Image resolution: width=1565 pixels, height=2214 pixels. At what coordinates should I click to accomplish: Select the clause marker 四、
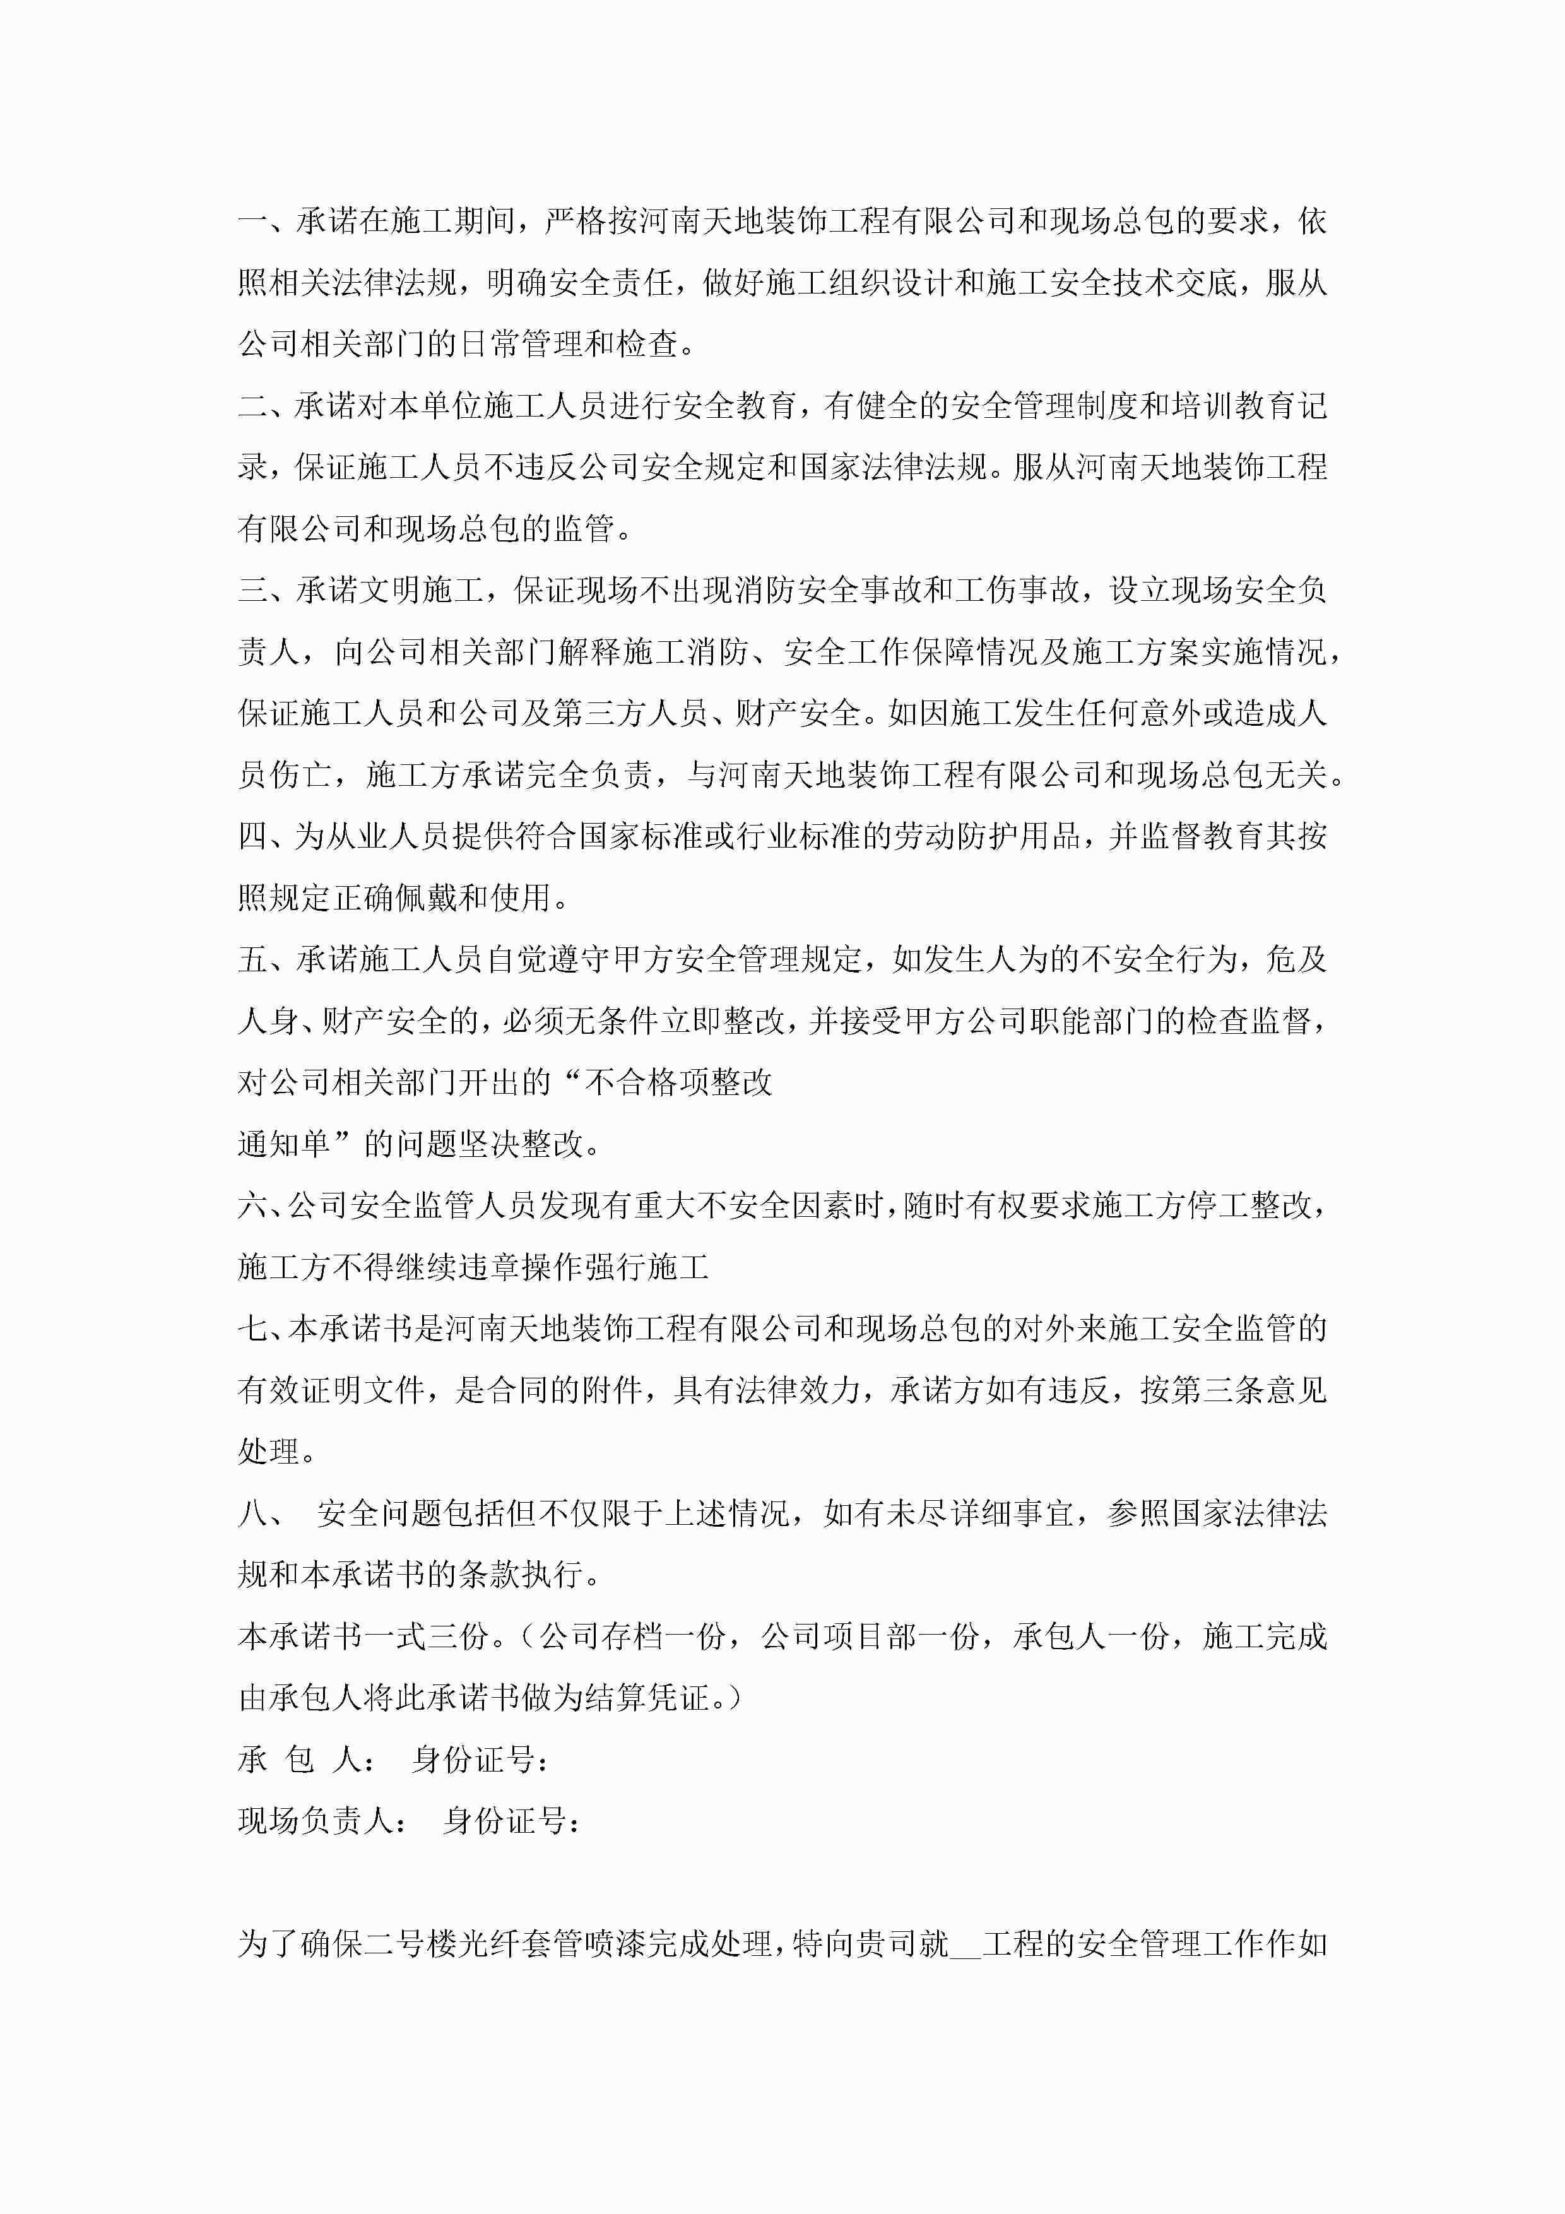261,836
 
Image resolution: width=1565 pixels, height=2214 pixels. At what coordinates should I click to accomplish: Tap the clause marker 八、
261,1513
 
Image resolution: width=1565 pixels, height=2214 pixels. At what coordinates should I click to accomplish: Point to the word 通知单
285,1145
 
